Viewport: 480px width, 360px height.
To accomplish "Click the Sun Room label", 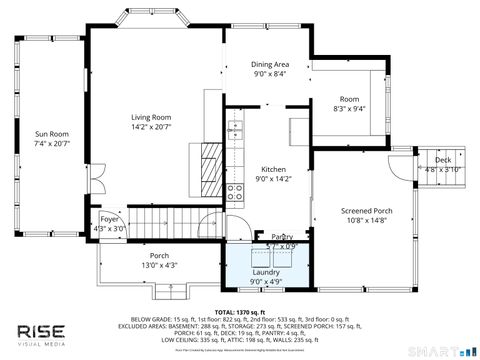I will click(x=52, y=133).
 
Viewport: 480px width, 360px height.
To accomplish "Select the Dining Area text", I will click(x=270, y=64).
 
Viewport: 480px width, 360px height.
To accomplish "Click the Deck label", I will click(x=442, y=160).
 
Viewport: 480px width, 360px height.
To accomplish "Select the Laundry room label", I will click(x=266, y=271).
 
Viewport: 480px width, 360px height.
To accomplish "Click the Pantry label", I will click(x=282, y=236).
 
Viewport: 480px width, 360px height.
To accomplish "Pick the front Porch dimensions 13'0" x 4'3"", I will click(x=159, y=265).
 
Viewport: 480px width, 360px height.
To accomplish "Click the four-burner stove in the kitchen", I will click(x=236, y=193).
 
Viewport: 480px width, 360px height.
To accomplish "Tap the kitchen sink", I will click(x=235, y=129).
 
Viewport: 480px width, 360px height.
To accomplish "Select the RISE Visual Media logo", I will click(x=40, y=332).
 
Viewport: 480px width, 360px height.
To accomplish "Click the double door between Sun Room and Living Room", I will click(x=94, y=183).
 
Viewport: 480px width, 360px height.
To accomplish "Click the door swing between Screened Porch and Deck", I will click(x=403, y=167).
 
